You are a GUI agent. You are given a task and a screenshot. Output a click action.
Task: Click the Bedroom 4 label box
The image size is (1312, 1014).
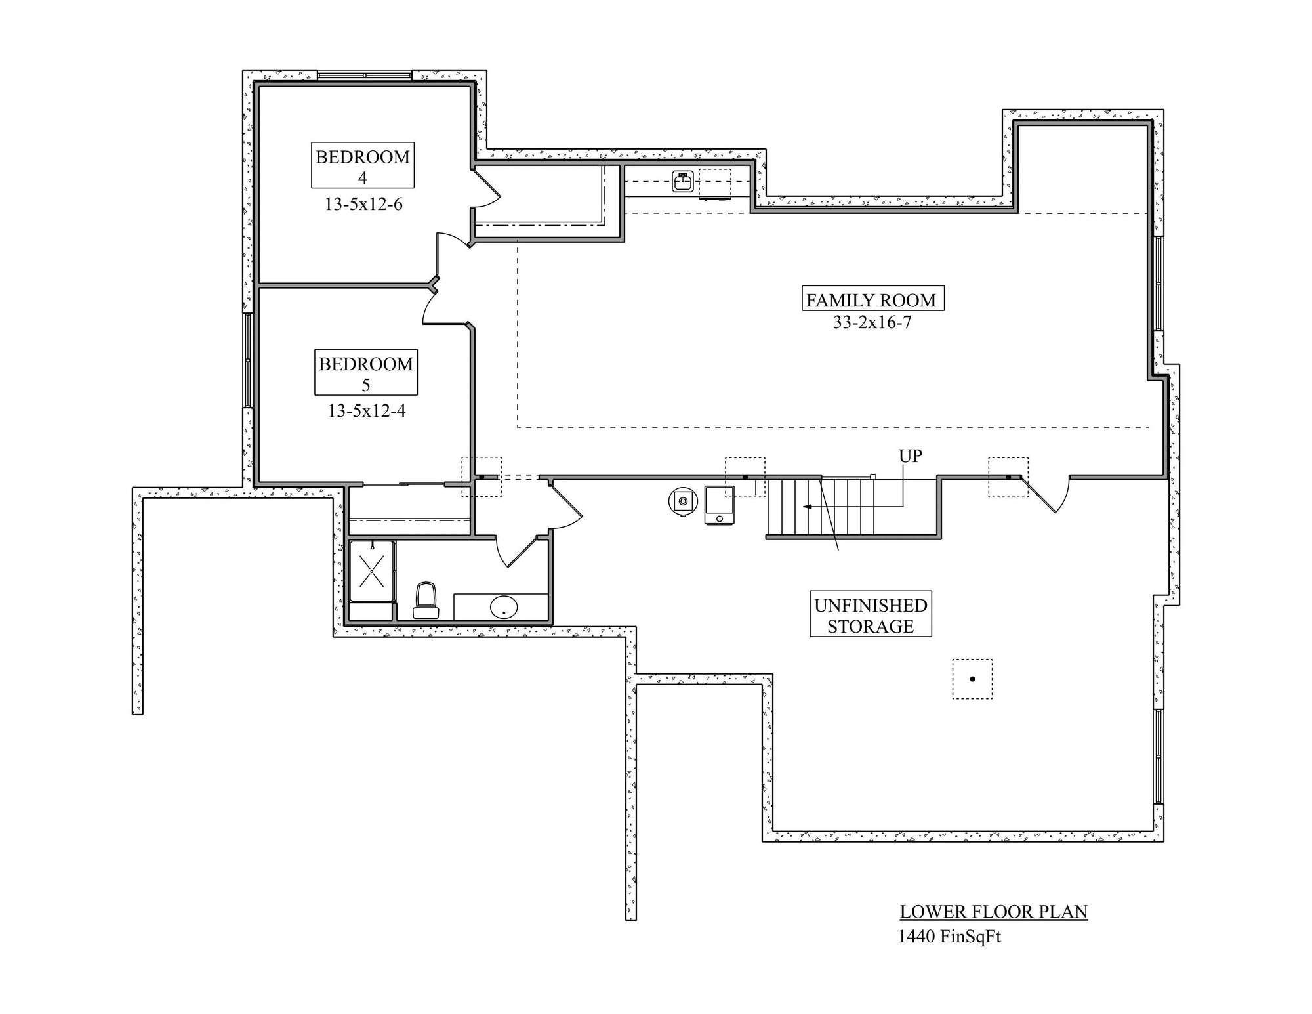point(362,165)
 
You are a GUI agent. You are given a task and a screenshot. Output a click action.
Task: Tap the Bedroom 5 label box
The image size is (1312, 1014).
point(366,372)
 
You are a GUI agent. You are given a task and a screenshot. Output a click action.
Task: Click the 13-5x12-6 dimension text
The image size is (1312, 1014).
point(363,204)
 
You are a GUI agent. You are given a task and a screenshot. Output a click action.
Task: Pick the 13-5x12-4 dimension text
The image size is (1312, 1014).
point(367,411)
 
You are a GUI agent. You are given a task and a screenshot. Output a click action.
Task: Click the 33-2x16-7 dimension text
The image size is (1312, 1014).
point(872,322)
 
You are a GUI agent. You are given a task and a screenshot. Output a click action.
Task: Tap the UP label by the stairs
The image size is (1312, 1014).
point(911,455)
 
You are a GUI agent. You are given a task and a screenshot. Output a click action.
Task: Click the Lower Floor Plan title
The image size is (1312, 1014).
point(993,912)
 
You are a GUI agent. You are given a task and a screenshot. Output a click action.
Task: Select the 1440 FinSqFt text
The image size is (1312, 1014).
point(949,937)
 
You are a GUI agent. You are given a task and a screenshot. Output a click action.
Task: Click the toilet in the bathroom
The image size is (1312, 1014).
point(426,601)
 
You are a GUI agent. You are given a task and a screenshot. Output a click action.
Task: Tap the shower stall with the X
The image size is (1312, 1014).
point(372,571)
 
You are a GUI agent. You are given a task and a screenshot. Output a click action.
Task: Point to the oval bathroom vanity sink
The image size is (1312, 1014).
point(503,607)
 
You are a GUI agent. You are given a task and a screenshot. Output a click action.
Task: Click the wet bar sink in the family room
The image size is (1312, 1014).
point(683,181)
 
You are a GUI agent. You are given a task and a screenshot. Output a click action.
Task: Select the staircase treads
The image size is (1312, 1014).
point(821,507)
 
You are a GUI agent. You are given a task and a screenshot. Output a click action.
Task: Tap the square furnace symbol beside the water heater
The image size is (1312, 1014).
point(720,505)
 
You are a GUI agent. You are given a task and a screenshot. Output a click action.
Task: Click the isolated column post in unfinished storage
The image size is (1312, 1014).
point(972,679)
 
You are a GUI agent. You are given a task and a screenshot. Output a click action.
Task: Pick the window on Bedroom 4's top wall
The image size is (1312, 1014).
point(365,75)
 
